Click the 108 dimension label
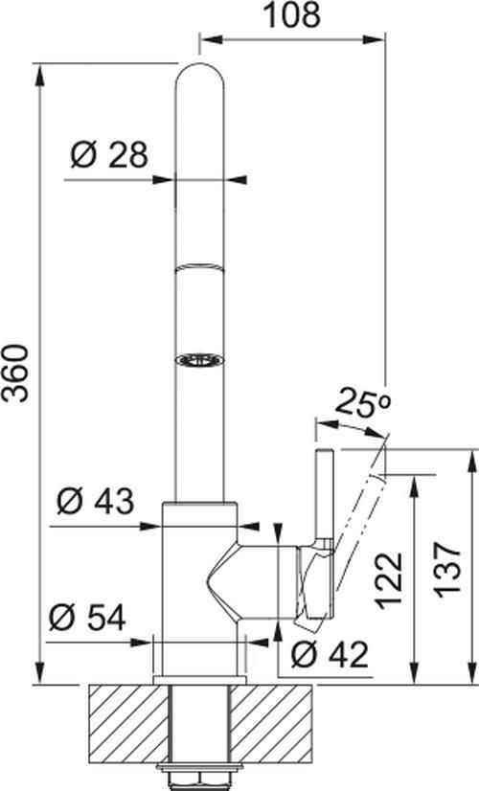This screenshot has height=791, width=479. (x=293, y=15)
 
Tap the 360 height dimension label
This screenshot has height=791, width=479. (x=15, y=373)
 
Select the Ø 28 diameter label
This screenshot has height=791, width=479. (x=109, y=155)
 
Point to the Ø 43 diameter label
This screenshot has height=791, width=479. (x=96, y=501)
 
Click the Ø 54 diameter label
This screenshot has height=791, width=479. (x=87, y=618)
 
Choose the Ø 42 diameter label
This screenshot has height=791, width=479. (x=331, y=655)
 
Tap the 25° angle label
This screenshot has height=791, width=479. (x=364, y=403)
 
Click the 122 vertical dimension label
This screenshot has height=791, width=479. (x=390, y=579)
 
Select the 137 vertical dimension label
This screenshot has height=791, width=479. (x=449, y=570)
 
